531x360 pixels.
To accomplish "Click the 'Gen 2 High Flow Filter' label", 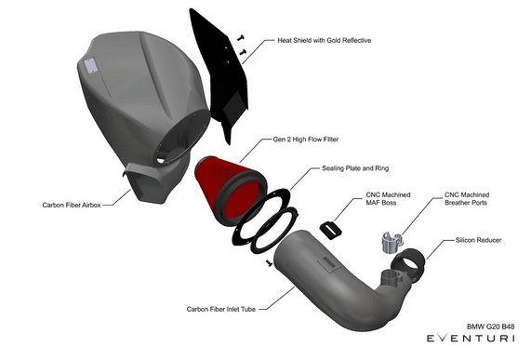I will tap(305, 137).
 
